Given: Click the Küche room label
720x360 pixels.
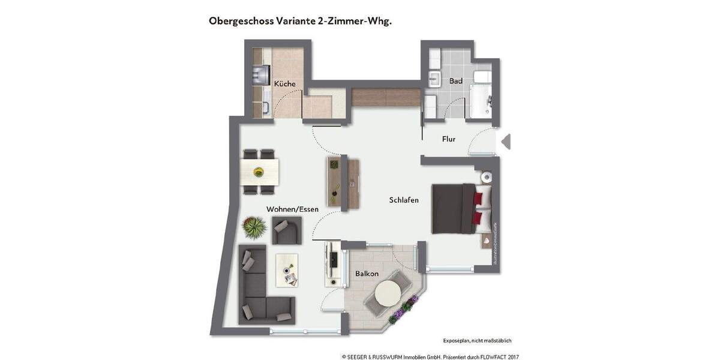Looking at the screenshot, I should pyautogui.click(x=284, y=84).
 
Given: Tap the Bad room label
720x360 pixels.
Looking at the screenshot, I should pyautogui.click(x=455, y=80).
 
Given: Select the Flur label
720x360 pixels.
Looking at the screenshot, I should pyautogui.click(x=448, y=139).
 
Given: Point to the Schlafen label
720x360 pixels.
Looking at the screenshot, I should pyautogui.click(x=403, y=200).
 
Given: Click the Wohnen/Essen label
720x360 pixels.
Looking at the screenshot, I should pyautogui.click(x=292, y=209).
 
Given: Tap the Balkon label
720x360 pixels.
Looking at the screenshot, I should pyautogui.click(x=366, y=274).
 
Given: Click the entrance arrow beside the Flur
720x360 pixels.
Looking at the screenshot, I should pyautogui.click(x=506, y=142).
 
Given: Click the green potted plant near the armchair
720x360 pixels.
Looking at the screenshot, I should pyautogui.click(x=254, y=227).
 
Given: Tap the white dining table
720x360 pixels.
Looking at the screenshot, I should pyautogui.click(x=260, y=172).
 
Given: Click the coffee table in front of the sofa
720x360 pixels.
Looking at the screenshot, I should pyautogui.click(x=287, y=269).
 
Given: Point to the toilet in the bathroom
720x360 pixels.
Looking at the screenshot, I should pyautogui.click(x=482, y=77).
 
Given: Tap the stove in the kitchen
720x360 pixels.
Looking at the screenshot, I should pyautogui.click(x=261, y=74).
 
